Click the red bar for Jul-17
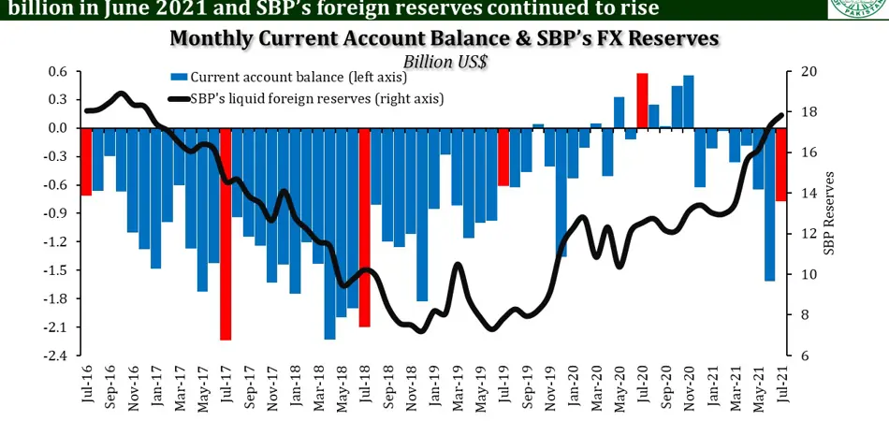[226, 234]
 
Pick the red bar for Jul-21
[781, 164]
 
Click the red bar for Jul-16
[86, 161]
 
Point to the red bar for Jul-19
[503, 156]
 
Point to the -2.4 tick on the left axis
[55, 356]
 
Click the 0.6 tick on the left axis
[58, 72]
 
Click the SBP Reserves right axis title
[828, 213]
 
